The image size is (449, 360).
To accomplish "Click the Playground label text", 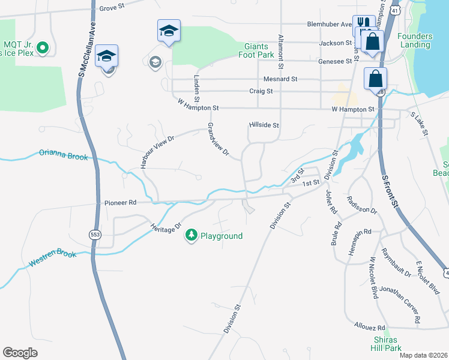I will click(221, 236).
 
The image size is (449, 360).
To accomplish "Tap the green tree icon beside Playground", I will click(191, 235).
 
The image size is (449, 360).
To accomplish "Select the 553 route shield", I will click(95, 235).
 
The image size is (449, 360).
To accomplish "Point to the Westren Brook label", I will click(53, 259).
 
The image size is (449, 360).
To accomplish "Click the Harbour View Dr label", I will click(157, 151).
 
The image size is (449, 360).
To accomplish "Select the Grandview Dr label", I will click(218, 140).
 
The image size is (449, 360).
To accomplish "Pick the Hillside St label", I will click(264, 125).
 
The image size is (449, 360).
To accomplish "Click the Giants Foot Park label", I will click(259, 50).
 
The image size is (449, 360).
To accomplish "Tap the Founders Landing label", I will click(414, 40).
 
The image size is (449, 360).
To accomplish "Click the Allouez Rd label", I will click(369, 328).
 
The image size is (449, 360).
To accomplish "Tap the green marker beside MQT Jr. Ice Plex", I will click(42, 47).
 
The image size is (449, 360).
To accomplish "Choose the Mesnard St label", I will click(280, 79).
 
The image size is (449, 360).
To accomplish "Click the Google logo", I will click(20, 353).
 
